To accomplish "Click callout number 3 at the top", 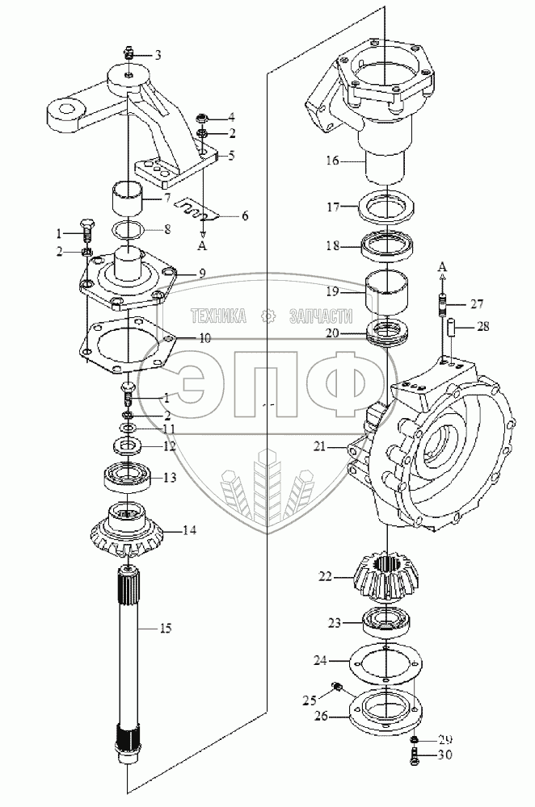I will coord(158,55).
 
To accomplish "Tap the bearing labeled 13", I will coord(127,479).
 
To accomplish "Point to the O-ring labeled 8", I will coord(127,230).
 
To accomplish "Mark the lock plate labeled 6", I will coord(195,212).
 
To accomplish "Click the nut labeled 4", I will coord(203,119).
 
